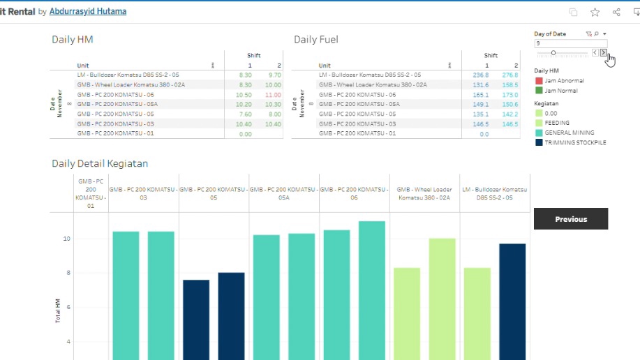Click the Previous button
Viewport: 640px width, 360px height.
[570, 219]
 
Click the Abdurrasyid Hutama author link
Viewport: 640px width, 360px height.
[88, 12]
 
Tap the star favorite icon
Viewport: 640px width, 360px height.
[595, 12]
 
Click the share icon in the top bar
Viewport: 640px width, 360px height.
[616, 12]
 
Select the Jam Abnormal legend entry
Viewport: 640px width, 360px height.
[564, 81]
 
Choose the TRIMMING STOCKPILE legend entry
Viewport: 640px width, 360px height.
[575, 142]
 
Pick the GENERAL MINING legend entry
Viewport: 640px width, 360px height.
[568, 133]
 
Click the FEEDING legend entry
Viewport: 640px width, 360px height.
[557, 123]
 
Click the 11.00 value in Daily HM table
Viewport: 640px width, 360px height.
[273, 94]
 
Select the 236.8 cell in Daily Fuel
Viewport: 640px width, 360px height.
[480, 75]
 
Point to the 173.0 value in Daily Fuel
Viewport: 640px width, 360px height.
[509, 94]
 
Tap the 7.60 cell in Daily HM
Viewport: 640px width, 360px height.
[244, 114]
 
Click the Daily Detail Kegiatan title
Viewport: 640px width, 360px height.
[100, 164]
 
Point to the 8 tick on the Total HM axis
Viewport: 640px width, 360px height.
[68, 273]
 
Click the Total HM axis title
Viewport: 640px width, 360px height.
[58, 310]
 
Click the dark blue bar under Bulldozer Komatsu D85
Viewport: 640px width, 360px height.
[512, 300]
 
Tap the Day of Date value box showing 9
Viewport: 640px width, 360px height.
[570, 43]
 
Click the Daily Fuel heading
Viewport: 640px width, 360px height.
[316, 40]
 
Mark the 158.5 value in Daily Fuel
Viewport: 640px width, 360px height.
[509, 84]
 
